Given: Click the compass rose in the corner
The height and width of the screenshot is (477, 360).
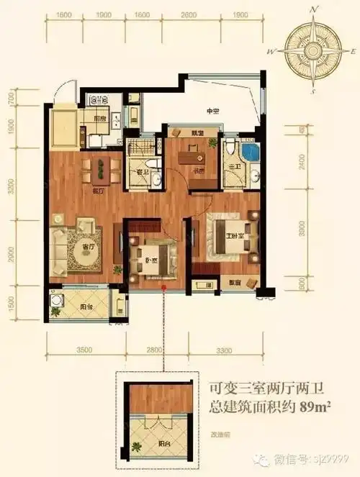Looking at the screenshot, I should [312, 52].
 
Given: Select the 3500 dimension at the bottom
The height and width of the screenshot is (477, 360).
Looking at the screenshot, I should [85, 350].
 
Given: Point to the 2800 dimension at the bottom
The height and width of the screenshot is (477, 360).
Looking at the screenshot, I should [153, 350].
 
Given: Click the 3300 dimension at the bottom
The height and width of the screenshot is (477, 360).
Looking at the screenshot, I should [223, 350].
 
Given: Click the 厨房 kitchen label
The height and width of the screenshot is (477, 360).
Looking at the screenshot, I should [100, 118].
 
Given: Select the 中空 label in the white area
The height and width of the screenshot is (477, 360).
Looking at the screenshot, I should [212, 111].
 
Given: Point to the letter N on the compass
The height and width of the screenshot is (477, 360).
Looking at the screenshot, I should [313, 10].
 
